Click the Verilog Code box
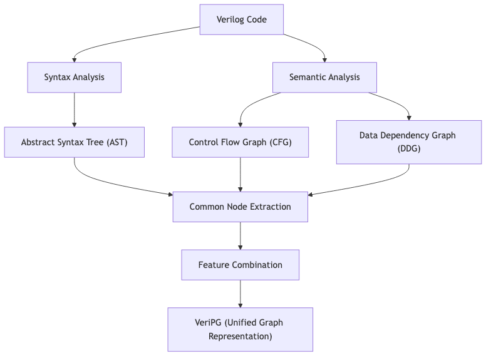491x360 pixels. (241, 19)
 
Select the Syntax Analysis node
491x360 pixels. (74, 78)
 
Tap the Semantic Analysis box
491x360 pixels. (324, 78)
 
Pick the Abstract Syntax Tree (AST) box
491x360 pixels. (74, 142)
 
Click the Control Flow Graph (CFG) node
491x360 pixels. (240, 142)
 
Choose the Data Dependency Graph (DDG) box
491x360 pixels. (408, 142)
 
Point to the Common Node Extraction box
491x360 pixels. (240, 207)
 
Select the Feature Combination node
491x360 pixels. (240, 265)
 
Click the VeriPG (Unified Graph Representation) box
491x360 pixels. (240, 329)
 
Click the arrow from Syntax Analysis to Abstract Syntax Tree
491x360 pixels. (74, 110)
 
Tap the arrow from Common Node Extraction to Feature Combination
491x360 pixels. (240, 235)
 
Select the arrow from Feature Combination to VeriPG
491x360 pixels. (240, 294)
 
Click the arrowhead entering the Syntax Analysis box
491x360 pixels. (74, 59)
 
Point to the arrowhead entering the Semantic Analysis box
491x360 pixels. (324, 59)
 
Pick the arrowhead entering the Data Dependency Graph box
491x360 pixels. (409, 118)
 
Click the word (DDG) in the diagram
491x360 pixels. (408, 149)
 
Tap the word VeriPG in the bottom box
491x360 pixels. (208, 322)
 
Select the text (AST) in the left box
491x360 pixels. (116, 142)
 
